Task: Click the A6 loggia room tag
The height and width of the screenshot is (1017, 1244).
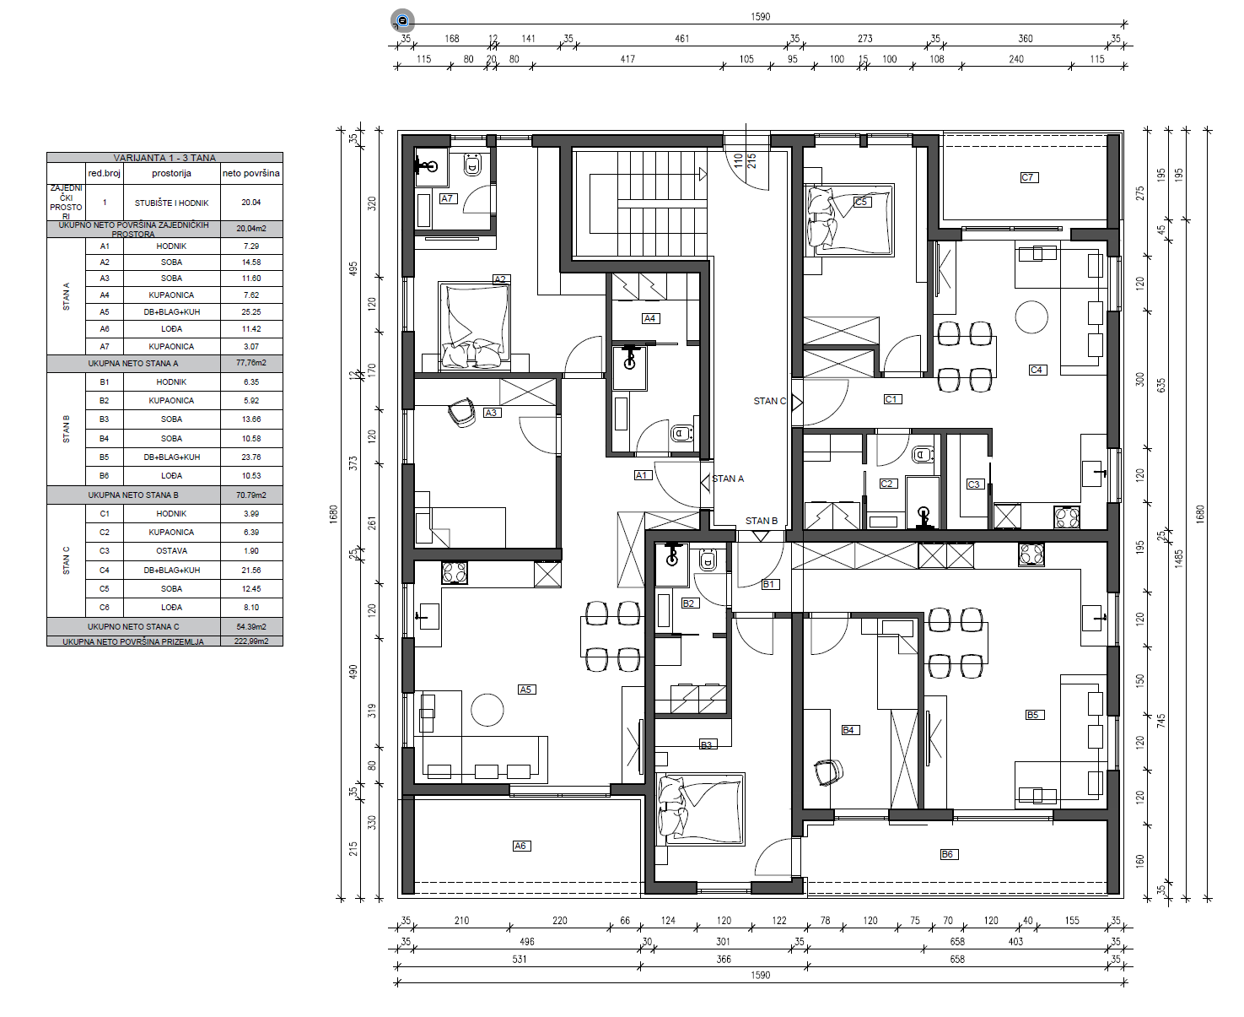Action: point(520,846)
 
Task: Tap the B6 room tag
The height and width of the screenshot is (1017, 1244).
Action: point(947,854)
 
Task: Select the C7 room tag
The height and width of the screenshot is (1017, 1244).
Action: point(1027,177)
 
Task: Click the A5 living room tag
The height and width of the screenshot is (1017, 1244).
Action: point(525,689)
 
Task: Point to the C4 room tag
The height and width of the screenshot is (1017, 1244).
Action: point(1036,370)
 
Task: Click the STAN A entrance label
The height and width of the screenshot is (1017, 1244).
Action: point(728,479)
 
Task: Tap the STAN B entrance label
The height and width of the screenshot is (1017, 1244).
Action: point(762,521)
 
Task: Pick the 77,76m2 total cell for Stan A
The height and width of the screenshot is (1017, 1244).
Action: point(251,362)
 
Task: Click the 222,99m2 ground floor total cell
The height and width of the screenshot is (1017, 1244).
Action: point(251,641)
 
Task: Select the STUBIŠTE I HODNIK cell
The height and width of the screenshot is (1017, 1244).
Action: point(172,203)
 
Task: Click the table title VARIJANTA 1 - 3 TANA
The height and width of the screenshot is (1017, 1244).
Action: point(164,158)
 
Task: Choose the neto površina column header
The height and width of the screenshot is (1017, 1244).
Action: point(251,173)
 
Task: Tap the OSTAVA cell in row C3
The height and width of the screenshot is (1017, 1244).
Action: point(172,551)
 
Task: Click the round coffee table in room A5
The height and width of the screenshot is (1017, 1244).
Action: point(487,710)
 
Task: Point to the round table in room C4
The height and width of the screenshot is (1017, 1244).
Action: point(1031,317)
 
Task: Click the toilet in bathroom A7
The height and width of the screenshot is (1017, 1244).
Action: point(472,165)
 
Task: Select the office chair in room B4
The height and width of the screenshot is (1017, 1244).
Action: point(828,772)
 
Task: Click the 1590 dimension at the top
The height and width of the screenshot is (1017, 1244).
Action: point(761,17)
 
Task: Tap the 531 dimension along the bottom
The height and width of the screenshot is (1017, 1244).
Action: point(519,959)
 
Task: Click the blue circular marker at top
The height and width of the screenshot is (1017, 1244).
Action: point(403,21)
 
